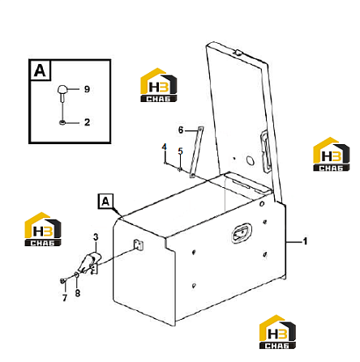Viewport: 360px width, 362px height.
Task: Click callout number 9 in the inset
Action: (87, 89)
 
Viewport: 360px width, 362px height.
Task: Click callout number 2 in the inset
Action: (87, 122)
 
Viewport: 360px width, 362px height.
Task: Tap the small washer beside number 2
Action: (62, 123)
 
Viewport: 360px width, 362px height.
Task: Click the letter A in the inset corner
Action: (40, 70)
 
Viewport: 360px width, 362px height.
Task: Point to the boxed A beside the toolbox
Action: (105, 202)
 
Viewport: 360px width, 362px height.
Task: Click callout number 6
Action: (181, 130)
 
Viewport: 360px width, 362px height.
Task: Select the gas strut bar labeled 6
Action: (196, 152)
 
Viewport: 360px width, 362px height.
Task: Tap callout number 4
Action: (165, 147)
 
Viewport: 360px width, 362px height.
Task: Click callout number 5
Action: (181, 151)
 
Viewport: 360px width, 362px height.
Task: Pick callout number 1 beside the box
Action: (305, 241)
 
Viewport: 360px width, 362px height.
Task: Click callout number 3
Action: (96, 237)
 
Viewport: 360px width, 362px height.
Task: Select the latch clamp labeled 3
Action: (89, 263)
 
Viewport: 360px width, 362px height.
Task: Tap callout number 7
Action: (65, 298)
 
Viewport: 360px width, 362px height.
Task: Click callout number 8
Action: (78, 293)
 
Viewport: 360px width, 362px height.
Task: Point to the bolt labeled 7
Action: (63, 281)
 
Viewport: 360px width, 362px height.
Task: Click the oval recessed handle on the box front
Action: (242, 233)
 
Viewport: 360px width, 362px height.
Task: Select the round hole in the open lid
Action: (251, 160)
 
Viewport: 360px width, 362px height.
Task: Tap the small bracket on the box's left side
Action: (139, 245)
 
